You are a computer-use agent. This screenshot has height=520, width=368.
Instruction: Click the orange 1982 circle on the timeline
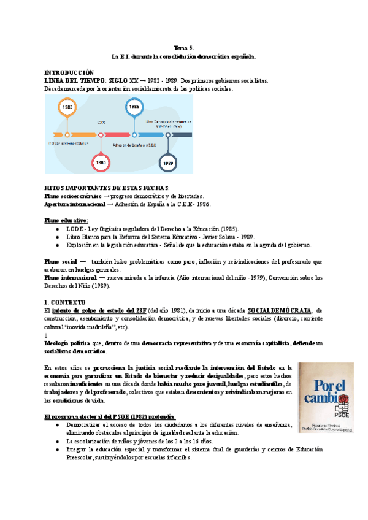coord(67,107)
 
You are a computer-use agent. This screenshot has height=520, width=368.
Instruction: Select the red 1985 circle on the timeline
coord(101,163)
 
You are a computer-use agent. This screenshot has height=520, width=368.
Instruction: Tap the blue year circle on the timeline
coord(134,107)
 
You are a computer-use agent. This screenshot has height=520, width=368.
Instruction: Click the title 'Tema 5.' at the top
coord(183,48)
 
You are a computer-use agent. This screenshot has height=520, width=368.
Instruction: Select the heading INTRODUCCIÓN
coord(70,72)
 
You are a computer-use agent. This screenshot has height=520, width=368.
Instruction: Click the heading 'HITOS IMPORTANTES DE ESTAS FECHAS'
coord(109,187)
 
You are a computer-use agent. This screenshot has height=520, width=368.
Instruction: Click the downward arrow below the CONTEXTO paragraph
coord(47,335)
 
